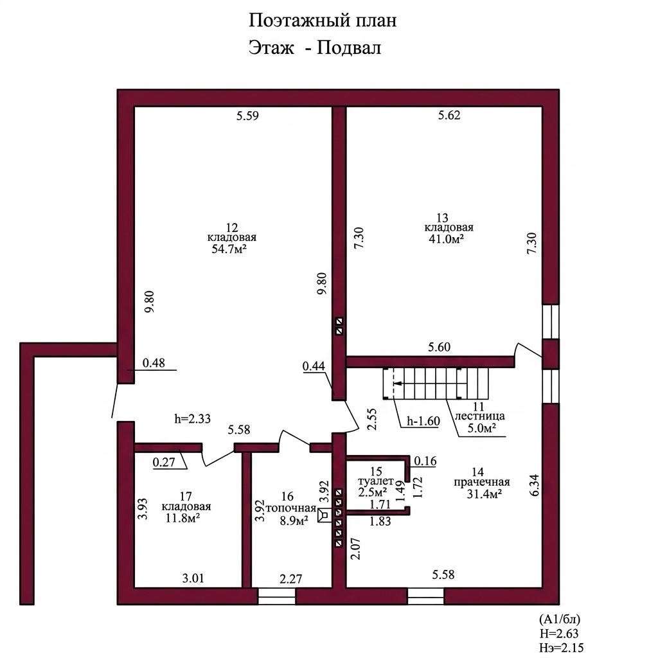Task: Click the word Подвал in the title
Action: tap(349, 48)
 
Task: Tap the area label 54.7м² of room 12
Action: tap(229, 249)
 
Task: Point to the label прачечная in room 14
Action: tap(482, 482)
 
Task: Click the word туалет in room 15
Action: tap(376, 481)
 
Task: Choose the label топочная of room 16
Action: tap(291, 508)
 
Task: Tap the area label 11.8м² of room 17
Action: tap(182, 518)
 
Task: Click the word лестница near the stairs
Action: tap(479, 416)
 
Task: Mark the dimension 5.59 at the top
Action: tap(247, 116)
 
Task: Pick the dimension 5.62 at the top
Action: tap(449, 115)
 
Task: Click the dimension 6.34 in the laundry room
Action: tap(534, 486)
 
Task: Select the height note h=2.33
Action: tap(193, 418)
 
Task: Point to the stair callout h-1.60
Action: tap(423, 421)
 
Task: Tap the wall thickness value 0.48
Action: tap(154, 362)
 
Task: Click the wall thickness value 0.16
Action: tap(425, 461)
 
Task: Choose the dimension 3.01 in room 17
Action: tap(193, 578)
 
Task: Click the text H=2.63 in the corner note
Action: tap(559, 633)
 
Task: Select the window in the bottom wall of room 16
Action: tap(276, 596)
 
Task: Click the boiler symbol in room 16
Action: tap(324, 515)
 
